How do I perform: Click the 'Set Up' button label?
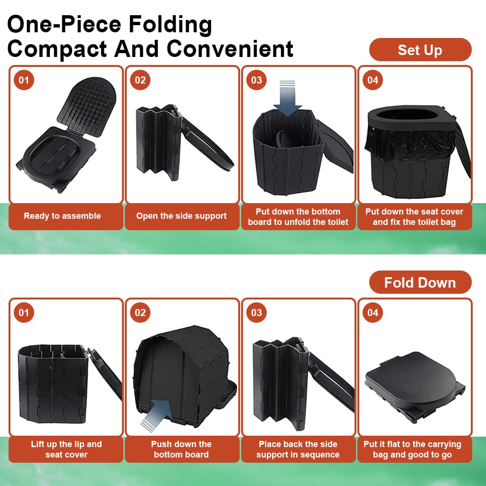click(x=420, y=50)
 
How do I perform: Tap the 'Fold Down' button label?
click(x=420, y=283)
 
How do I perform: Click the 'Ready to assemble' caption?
click(x=62, y=216)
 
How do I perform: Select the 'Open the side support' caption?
click(x=181, y=216)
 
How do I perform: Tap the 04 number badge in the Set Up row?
click(x=373, y=80)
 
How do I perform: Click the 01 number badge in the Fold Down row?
click(x=24, y=312)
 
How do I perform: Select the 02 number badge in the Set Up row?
click(x=140, y=80)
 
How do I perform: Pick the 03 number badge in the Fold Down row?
click(x=256, y=312)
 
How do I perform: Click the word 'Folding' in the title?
click(x=170, y=25)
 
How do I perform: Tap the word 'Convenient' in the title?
click(x=230, y=49)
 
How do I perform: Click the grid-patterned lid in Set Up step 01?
click(x=87, y=106)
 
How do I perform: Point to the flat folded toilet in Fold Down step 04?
click(x=415, y=385)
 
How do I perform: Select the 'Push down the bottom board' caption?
click(x=181, y=449)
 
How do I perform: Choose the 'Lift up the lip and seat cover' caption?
click(x=66, y=449)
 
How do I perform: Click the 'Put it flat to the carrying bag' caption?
click(x=412, y=449)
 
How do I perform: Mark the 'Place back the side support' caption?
click(x=298, y=449)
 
